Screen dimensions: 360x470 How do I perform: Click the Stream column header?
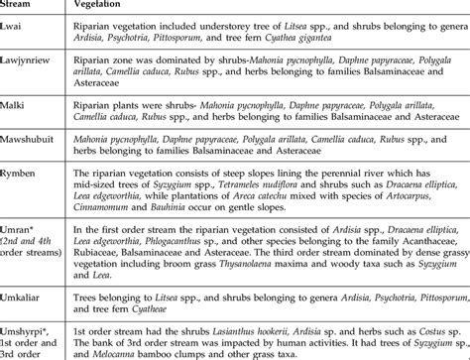[x=21, y=6]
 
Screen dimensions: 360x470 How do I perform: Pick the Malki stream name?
[x=17, y=99]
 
